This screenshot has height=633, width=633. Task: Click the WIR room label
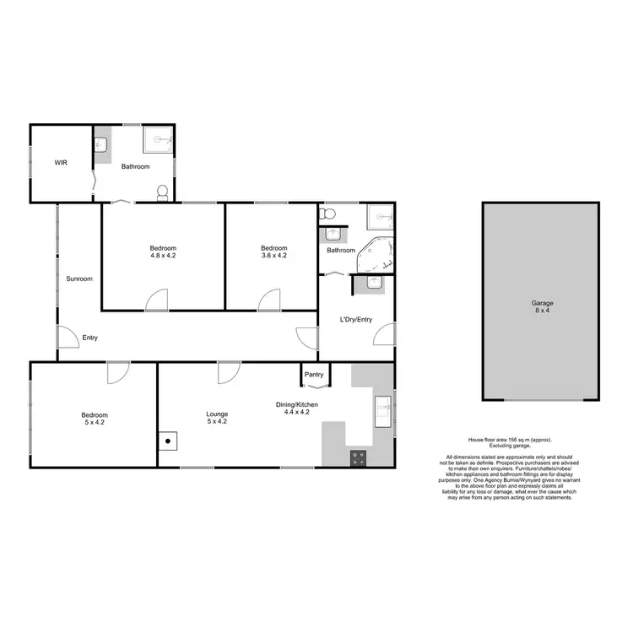(x=60, y=161)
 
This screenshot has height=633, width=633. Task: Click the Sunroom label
(x=79, y=279)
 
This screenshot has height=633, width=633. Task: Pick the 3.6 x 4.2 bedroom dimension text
(x=274, y=254)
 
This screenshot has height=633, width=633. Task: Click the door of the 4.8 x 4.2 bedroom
(x=156, y=300)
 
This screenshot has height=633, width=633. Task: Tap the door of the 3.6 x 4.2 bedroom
(x=269, y=300)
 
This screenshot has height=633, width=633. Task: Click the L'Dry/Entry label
(x=355, y=320)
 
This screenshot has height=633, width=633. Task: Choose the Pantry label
(x=315, y=374)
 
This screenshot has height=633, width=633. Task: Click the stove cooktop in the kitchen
(x=358, y=457)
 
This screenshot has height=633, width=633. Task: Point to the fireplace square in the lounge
(x=169, y=440)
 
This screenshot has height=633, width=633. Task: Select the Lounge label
(x=218, y=414)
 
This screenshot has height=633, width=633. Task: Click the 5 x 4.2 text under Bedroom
(x=95, y=423)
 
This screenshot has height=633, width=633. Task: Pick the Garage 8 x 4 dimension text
(x=541, y=311)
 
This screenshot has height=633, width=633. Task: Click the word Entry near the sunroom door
(x=89, y=338)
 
